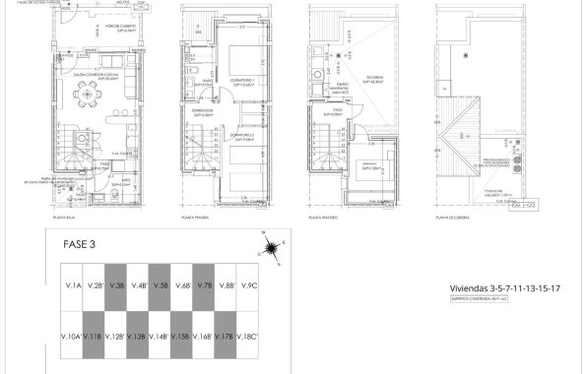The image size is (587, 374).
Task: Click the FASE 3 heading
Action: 79,246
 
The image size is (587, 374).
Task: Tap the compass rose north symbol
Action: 272,243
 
